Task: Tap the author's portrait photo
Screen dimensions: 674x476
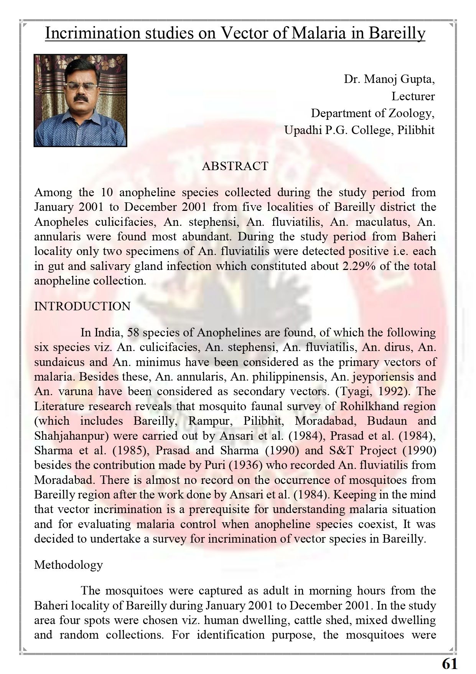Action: [x=81, y=101]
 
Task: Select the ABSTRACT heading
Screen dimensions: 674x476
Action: [x=235, y=166]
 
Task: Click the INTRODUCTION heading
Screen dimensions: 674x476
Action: [x=82, y=306]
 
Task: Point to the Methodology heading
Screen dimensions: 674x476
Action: [x=68, y=565]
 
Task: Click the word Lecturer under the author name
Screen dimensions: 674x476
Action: [x=413, y=96]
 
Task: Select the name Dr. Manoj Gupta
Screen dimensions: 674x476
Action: [x=389, y=79]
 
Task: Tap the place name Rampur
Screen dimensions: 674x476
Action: [x=211, y=421]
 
